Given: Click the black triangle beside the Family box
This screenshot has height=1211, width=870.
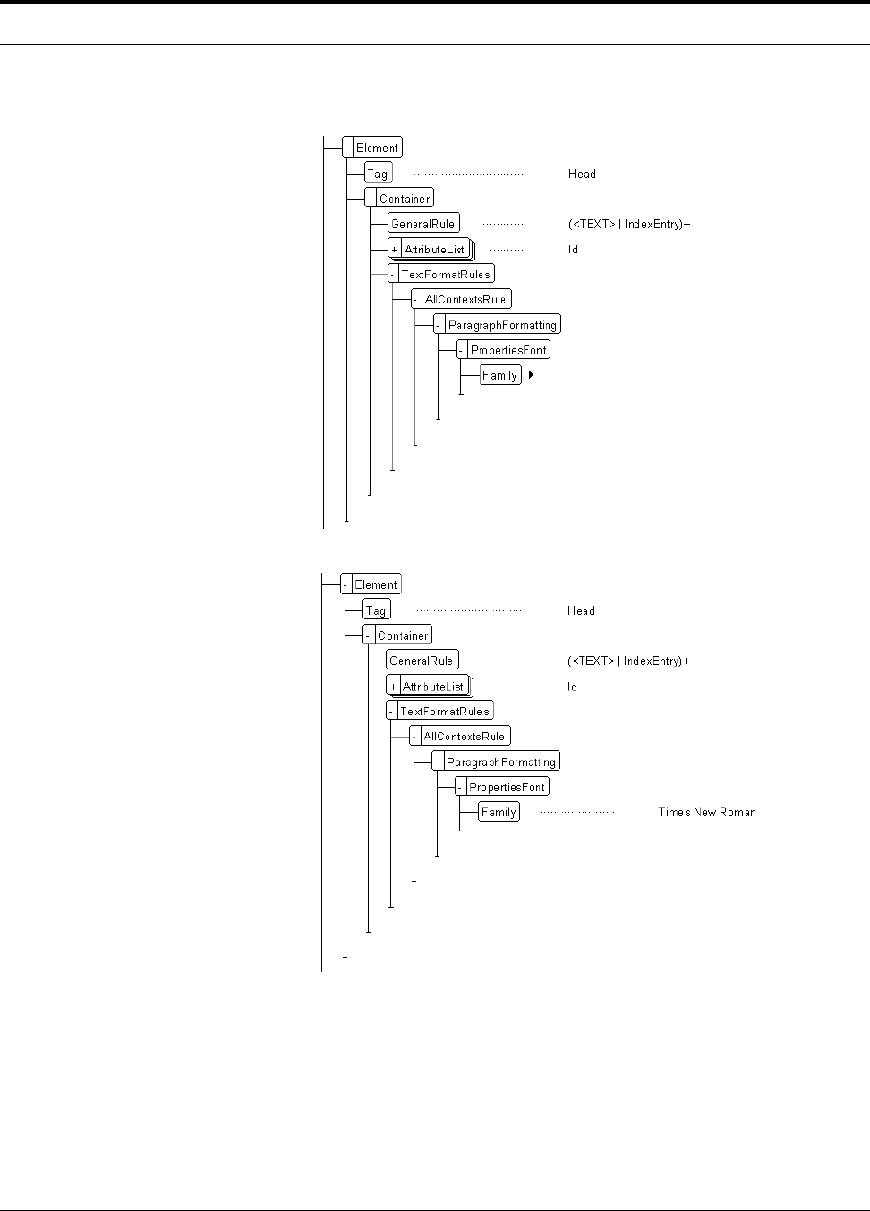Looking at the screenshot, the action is (531, 375).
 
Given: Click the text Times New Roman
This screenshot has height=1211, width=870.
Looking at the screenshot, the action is (707, 813).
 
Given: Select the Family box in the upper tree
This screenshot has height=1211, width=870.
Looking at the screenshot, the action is (499, 376).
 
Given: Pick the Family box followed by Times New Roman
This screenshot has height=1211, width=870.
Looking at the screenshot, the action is (499, 813).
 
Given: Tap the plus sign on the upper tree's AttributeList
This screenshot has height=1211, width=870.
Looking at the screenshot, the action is (395, 250).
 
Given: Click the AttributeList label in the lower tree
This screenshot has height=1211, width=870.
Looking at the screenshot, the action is (433, 687).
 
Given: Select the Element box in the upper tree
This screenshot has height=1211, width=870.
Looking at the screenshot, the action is (377, 148).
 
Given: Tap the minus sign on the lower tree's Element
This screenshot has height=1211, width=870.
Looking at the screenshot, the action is (345, 584).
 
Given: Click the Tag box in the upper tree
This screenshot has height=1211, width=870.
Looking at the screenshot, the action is (378, 174).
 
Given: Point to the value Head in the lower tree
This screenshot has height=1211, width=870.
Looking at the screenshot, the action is (581, 611).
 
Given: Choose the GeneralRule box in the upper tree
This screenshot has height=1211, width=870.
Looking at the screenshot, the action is (423, 224).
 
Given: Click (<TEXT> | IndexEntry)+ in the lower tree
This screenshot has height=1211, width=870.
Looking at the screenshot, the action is (628, 661).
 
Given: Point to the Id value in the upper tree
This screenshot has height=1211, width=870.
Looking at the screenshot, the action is (573, 250).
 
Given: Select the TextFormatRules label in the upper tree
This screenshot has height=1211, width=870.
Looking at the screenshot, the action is (446, 274).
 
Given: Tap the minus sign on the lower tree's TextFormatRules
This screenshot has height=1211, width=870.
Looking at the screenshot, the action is (392, 712).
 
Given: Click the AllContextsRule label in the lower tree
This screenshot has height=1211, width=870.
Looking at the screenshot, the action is (465, 737).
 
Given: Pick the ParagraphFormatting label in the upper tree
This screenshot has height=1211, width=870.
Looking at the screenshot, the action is (502, 325).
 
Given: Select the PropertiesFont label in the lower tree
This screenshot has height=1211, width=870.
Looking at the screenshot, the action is (507, 788).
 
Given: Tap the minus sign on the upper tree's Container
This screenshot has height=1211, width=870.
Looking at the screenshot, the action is (370, 199).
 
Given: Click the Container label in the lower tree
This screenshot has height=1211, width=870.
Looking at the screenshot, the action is (403, 635).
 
